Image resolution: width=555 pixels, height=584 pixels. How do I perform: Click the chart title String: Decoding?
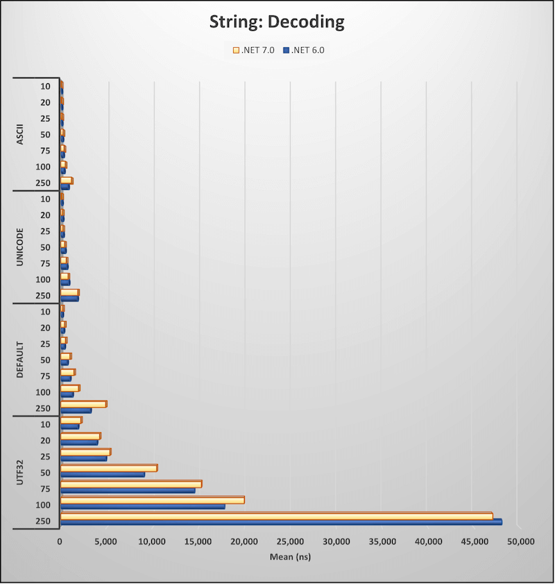(x=277, y=22)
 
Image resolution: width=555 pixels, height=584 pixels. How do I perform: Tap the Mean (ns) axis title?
(x=290, y=557)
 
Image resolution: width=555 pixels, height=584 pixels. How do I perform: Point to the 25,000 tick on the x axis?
(x=290, y=541)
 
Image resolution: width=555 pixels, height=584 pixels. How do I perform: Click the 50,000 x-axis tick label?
(x=518, y=541)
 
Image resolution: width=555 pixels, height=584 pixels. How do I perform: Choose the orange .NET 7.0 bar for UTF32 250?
(x=276, y=515)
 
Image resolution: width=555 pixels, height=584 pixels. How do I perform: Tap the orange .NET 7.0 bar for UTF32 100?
(x=152, y=499)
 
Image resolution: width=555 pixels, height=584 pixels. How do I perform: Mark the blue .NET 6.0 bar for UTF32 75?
(x=128, y=490)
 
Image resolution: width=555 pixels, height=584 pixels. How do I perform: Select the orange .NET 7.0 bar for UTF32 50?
(x=109, y=467)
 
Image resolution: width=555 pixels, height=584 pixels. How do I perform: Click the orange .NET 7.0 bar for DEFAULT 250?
(x=83, y=404)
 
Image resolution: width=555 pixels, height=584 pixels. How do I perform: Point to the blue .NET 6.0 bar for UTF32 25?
(x=83, y=458)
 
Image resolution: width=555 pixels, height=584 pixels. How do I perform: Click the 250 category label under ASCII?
(x=45, y=182)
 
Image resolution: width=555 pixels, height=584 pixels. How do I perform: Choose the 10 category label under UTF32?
(x=45, y=424)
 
